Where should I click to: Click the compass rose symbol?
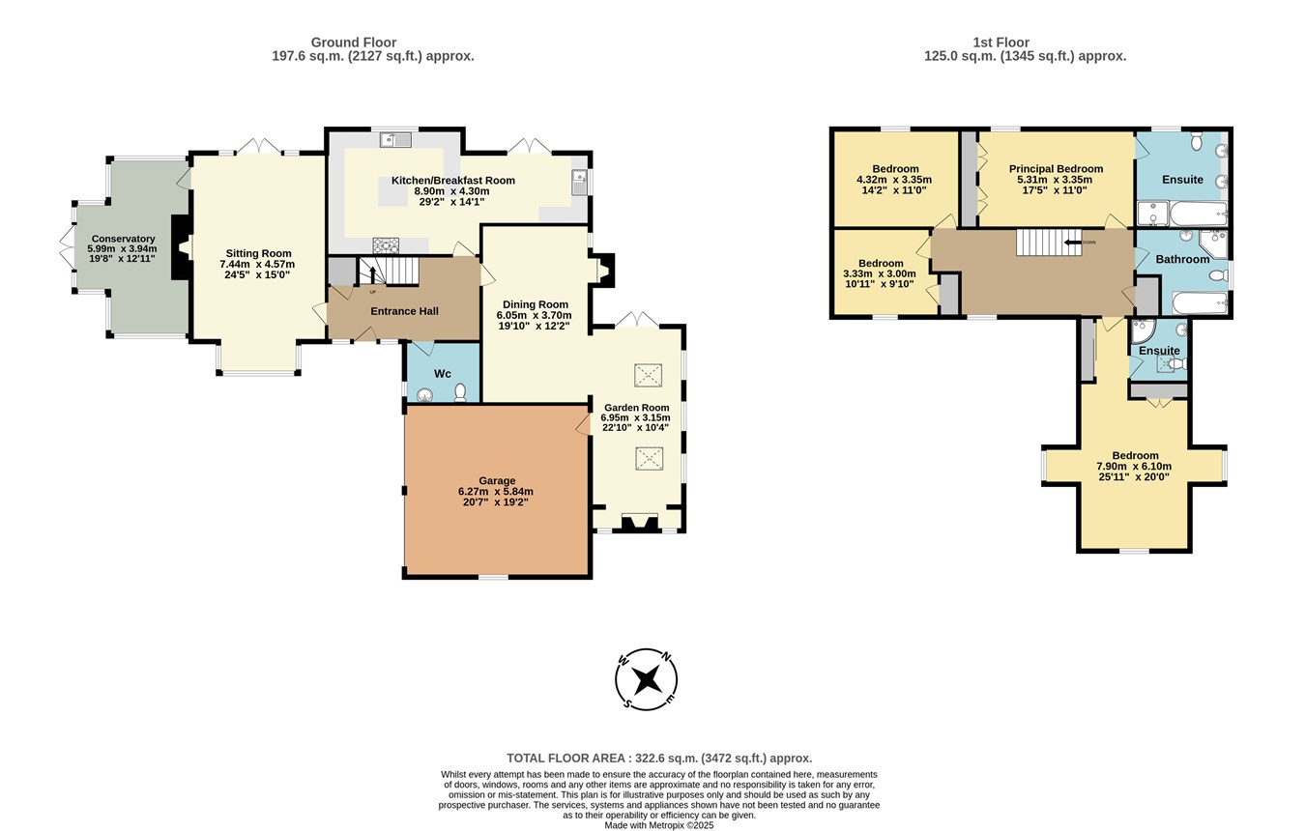(646, 679)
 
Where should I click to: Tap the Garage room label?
(497, 480)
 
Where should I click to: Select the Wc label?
(442, 374)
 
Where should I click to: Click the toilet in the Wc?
(461, 392)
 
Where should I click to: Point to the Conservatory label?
(123, 239)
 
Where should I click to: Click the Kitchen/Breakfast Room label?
(452, 181)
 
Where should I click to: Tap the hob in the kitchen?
(386, 245)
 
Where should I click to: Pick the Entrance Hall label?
(404, 311)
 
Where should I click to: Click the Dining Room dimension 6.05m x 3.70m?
(535, 315)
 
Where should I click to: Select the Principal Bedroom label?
(1057, 169)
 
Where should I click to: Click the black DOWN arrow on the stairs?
(1073, 243)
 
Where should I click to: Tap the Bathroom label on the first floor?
(1182, 259)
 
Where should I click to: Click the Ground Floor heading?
(354, 43)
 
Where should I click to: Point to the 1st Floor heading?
(1000, 43)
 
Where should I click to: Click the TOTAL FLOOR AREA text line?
(659, 759)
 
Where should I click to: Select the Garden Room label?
(636, 408)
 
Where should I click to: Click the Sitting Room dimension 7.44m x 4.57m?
(257, 264)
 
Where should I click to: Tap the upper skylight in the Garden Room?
(649, 375)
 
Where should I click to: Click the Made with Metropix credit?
(659, 825)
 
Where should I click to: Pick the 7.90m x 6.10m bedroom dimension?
(1134, 466)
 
